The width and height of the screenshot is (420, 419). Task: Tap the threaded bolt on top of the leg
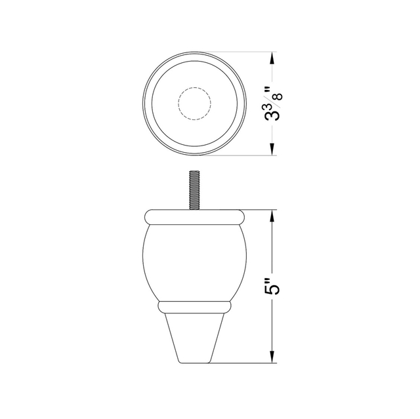pos(195,190)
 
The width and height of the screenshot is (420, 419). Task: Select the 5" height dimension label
pos(273,286)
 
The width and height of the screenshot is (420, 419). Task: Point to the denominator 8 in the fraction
pos(279,96)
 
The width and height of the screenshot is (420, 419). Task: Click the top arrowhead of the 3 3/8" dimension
pos(272,58)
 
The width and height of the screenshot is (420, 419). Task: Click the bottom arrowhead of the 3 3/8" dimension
pos(272,149)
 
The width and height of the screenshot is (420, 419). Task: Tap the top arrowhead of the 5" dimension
pos(272,216)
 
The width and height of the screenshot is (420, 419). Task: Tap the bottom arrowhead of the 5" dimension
pos(272,357)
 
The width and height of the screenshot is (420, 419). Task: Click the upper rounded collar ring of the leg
pos(195,217)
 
